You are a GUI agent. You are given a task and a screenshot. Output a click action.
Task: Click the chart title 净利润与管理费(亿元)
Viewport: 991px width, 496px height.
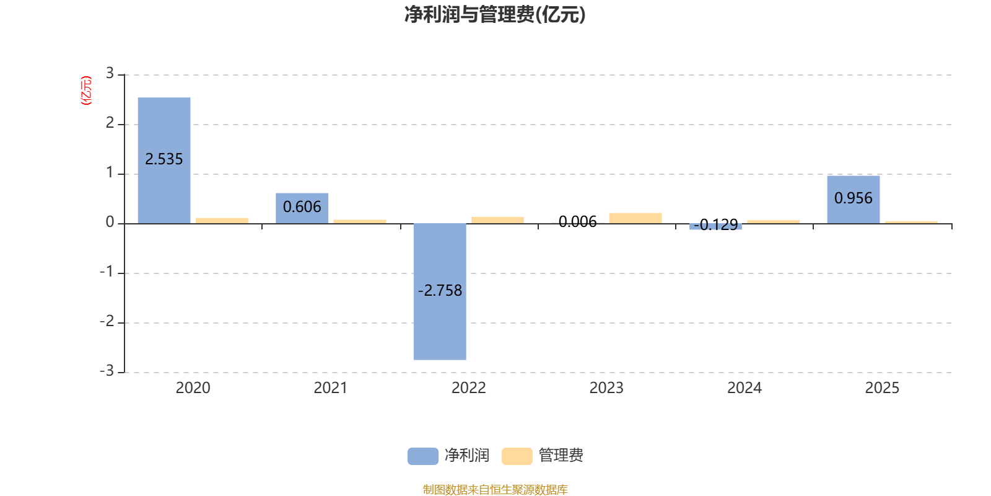click(495, 15)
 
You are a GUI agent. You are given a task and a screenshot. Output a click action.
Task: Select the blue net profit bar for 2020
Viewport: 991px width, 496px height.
click(164, 161)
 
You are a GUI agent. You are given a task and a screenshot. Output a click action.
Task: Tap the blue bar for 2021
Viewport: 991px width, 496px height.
click(302, 208)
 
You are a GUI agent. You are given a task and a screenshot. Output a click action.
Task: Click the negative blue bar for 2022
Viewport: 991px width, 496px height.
click(440, 292)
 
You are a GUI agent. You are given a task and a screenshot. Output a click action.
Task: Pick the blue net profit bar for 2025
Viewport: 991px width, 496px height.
click(853, 200)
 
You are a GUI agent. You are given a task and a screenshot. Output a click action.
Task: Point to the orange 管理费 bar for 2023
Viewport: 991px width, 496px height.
click(635, 218)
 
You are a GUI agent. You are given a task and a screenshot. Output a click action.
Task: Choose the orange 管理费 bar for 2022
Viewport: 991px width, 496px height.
click(498, 220)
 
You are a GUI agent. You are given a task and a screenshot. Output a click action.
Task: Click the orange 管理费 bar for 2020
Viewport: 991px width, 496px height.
click(222, 221)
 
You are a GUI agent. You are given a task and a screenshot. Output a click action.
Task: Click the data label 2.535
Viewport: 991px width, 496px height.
click(164, 159)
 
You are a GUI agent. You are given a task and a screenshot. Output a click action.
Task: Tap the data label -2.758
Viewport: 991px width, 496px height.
click(440, 291)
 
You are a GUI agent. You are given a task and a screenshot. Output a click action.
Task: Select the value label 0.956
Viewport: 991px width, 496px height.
click(853, 198)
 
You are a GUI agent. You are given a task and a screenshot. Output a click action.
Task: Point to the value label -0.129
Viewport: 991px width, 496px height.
click(716, 225)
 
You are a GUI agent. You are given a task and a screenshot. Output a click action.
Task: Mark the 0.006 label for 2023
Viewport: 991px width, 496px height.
click(578, 221)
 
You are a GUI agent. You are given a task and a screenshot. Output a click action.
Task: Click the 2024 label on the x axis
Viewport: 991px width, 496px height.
click(744, 388)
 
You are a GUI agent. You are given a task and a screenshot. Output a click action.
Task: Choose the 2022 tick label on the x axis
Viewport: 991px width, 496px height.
click(469, 388)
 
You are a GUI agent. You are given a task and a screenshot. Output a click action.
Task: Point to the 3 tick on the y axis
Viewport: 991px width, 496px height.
click(110, 73)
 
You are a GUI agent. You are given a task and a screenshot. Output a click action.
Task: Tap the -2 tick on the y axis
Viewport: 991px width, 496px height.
click(107, 321)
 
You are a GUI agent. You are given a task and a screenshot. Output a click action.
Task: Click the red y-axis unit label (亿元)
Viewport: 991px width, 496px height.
click(86, 91)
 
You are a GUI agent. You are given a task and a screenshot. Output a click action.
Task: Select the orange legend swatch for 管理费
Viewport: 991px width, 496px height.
click(517, 456)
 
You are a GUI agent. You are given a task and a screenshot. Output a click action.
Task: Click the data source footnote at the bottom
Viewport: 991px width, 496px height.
click(495, 489)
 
